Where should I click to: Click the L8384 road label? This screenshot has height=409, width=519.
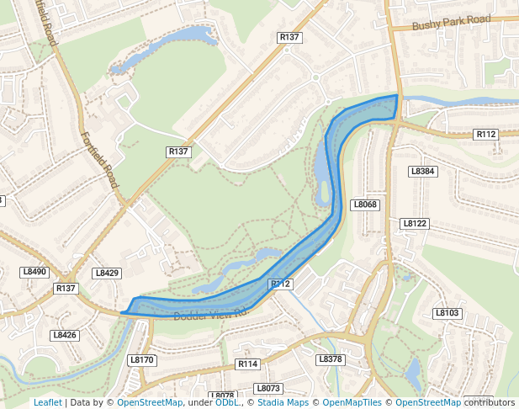(422, 171)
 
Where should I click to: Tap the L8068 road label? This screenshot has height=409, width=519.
(365, 204)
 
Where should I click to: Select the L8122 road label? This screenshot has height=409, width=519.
(415, 223)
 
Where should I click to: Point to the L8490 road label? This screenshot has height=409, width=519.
(34, 272)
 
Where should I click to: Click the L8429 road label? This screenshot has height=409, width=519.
(107, 273)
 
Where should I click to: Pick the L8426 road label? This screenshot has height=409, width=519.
(64, 335)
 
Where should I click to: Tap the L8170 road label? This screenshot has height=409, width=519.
(141, 359)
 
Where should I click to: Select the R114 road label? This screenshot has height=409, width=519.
(247, 364)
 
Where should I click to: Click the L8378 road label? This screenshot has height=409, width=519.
(331, 359)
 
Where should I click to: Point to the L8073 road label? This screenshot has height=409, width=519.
(268, 388)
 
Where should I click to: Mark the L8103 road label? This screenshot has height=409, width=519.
(448, 313)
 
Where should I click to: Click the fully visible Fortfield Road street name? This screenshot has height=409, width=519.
(100, 159)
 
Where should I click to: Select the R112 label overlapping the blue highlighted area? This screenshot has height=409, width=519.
(280, 284)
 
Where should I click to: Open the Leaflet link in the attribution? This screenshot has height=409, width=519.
(47, 402)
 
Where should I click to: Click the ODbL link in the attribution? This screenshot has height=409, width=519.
(226, 402)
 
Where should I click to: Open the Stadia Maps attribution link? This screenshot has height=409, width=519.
(283, 402)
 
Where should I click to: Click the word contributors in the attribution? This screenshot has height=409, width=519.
(489, 402)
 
